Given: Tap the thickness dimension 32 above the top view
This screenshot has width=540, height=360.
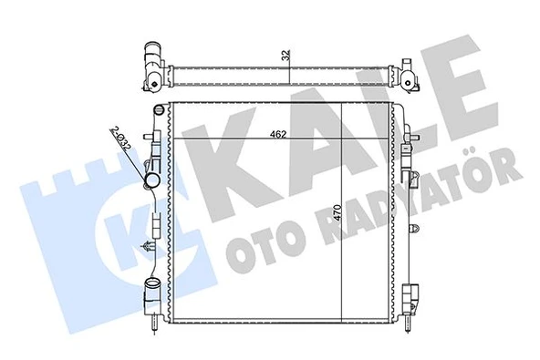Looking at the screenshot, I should (285, 55).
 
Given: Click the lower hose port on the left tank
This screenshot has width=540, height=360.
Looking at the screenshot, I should (151, 295).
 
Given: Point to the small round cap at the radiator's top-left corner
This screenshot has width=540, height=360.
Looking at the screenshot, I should (161, 109).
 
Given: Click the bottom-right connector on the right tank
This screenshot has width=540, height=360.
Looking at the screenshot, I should (413, 297).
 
